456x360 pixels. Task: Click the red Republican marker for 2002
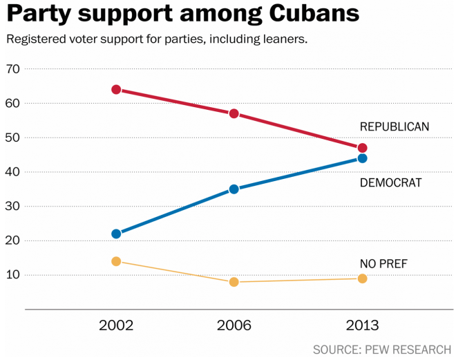[116, 89]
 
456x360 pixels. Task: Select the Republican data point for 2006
[234, 113]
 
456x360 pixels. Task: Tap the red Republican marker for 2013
[362, 148]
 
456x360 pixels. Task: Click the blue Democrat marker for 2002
[116, 234]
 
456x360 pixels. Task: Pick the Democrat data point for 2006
[234, 189]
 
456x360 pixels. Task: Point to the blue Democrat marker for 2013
[362, 158]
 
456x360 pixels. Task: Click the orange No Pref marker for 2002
[116, 261]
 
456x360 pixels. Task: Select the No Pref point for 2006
[234, 282]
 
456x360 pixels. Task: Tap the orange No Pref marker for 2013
[362, 278]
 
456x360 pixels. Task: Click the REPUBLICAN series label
[395, 126]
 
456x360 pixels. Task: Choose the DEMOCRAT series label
[390, 182]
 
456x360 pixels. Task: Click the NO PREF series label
[383, 263]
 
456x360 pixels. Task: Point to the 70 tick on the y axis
[12, 68]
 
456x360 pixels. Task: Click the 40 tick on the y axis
[12, 171]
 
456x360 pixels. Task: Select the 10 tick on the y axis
[12, 275]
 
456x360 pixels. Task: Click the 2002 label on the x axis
[116, 325]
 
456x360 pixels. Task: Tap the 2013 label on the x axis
[362, 325]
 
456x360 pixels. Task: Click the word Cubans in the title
[305, 15]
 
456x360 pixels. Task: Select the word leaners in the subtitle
[281, 39]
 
